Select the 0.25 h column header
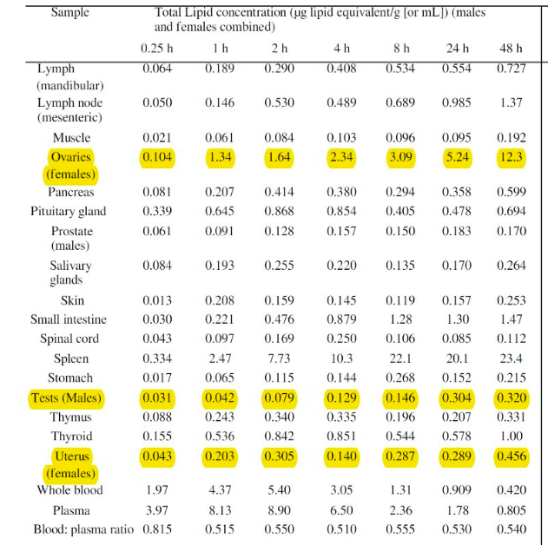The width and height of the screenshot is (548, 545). (157, 48)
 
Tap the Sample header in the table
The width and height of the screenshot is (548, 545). (69, 13)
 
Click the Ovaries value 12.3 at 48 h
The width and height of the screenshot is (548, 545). (512, 157)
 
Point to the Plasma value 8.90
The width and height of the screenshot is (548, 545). (279, 509)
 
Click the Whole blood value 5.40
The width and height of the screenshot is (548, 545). (279, 490)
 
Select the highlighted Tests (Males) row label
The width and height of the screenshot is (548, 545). (66, 398)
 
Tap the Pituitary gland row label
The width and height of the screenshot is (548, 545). (69, 211)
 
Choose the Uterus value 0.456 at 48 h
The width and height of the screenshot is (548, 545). (512, 457)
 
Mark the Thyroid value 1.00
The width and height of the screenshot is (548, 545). (512, 436)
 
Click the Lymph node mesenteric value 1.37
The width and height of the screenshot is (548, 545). (512, 102)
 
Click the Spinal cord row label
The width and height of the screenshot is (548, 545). (69, 338)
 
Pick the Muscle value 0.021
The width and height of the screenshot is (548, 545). (156, 137)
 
